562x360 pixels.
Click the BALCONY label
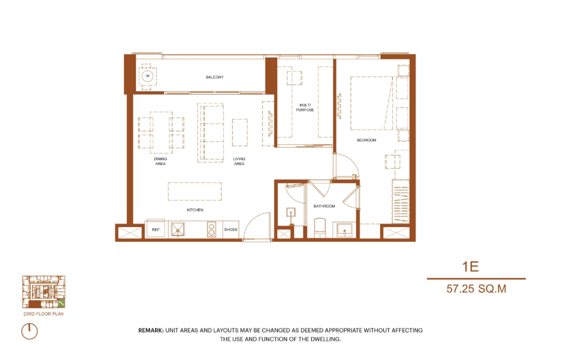coord(214,77)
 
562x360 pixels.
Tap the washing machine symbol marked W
coord(147,76)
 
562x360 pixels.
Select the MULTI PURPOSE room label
coord(304,108)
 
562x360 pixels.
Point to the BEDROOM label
coord(366,140)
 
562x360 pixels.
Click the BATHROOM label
coord(324,206)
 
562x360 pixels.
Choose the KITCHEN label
coord(195,210)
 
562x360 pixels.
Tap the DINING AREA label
coord(161,161)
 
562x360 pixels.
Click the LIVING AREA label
coord(239,161)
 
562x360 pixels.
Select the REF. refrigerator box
coord(156,230)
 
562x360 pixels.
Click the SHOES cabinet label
coord(231,230)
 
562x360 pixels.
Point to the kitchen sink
coord(178,230)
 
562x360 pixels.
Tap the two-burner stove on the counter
coord(211,230)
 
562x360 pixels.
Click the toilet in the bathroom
coord(320,228)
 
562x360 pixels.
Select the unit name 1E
coord(470,266)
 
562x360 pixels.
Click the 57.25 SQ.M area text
coord(476,288)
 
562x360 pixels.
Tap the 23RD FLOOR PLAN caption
coord(43,314)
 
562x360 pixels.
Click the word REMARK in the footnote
coord(151,330)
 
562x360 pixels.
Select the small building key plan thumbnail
coord(44,292)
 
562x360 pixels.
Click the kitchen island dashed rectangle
coord(194,192)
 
